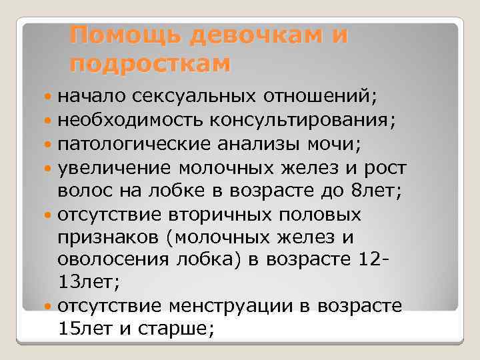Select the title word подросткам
150,63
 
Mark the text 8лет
373,191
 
